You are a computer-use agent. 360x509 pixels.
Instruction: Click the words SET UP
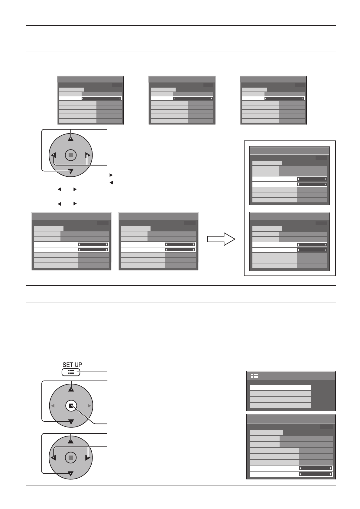click(x=72, y=365)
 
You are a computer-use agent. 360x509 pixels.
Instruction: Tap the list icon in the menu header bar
click(x=255, y=376)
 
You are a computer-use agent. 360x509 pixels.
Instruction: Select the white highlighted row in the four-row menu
click(x=280, y=388)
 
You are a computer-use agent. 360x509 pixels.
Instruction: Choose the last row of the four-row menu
click(x=280, y=405)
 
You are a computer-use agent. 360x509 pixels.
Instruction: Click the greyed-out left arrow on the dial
click(x=53, y=406)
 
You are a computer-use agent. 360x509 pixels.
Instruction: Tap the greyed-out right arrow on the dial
click(x=89, y=406)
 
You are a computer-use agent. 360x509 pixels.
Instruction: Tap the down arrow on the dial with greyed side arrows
click(x=71, y=421)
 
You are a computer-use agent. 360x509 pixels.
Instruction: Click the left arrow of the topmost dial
click(x=54, y=156)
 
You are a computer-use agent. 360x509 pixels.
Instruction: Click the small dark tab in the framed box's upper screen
click(x=321, y=157)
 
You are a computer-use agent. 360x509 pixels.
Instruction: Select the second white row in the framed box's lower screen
click(x=290, y=250)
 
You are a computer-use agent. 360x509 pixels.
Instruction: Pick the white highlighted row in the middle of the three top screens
click(x=182, y=98)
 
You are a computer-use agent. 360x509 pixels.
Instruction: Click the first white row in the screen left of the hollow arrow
click(x=158, y=244)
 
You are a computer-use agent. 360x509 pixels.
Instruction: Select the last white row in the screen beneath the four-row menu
click(x=291, y=474)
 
